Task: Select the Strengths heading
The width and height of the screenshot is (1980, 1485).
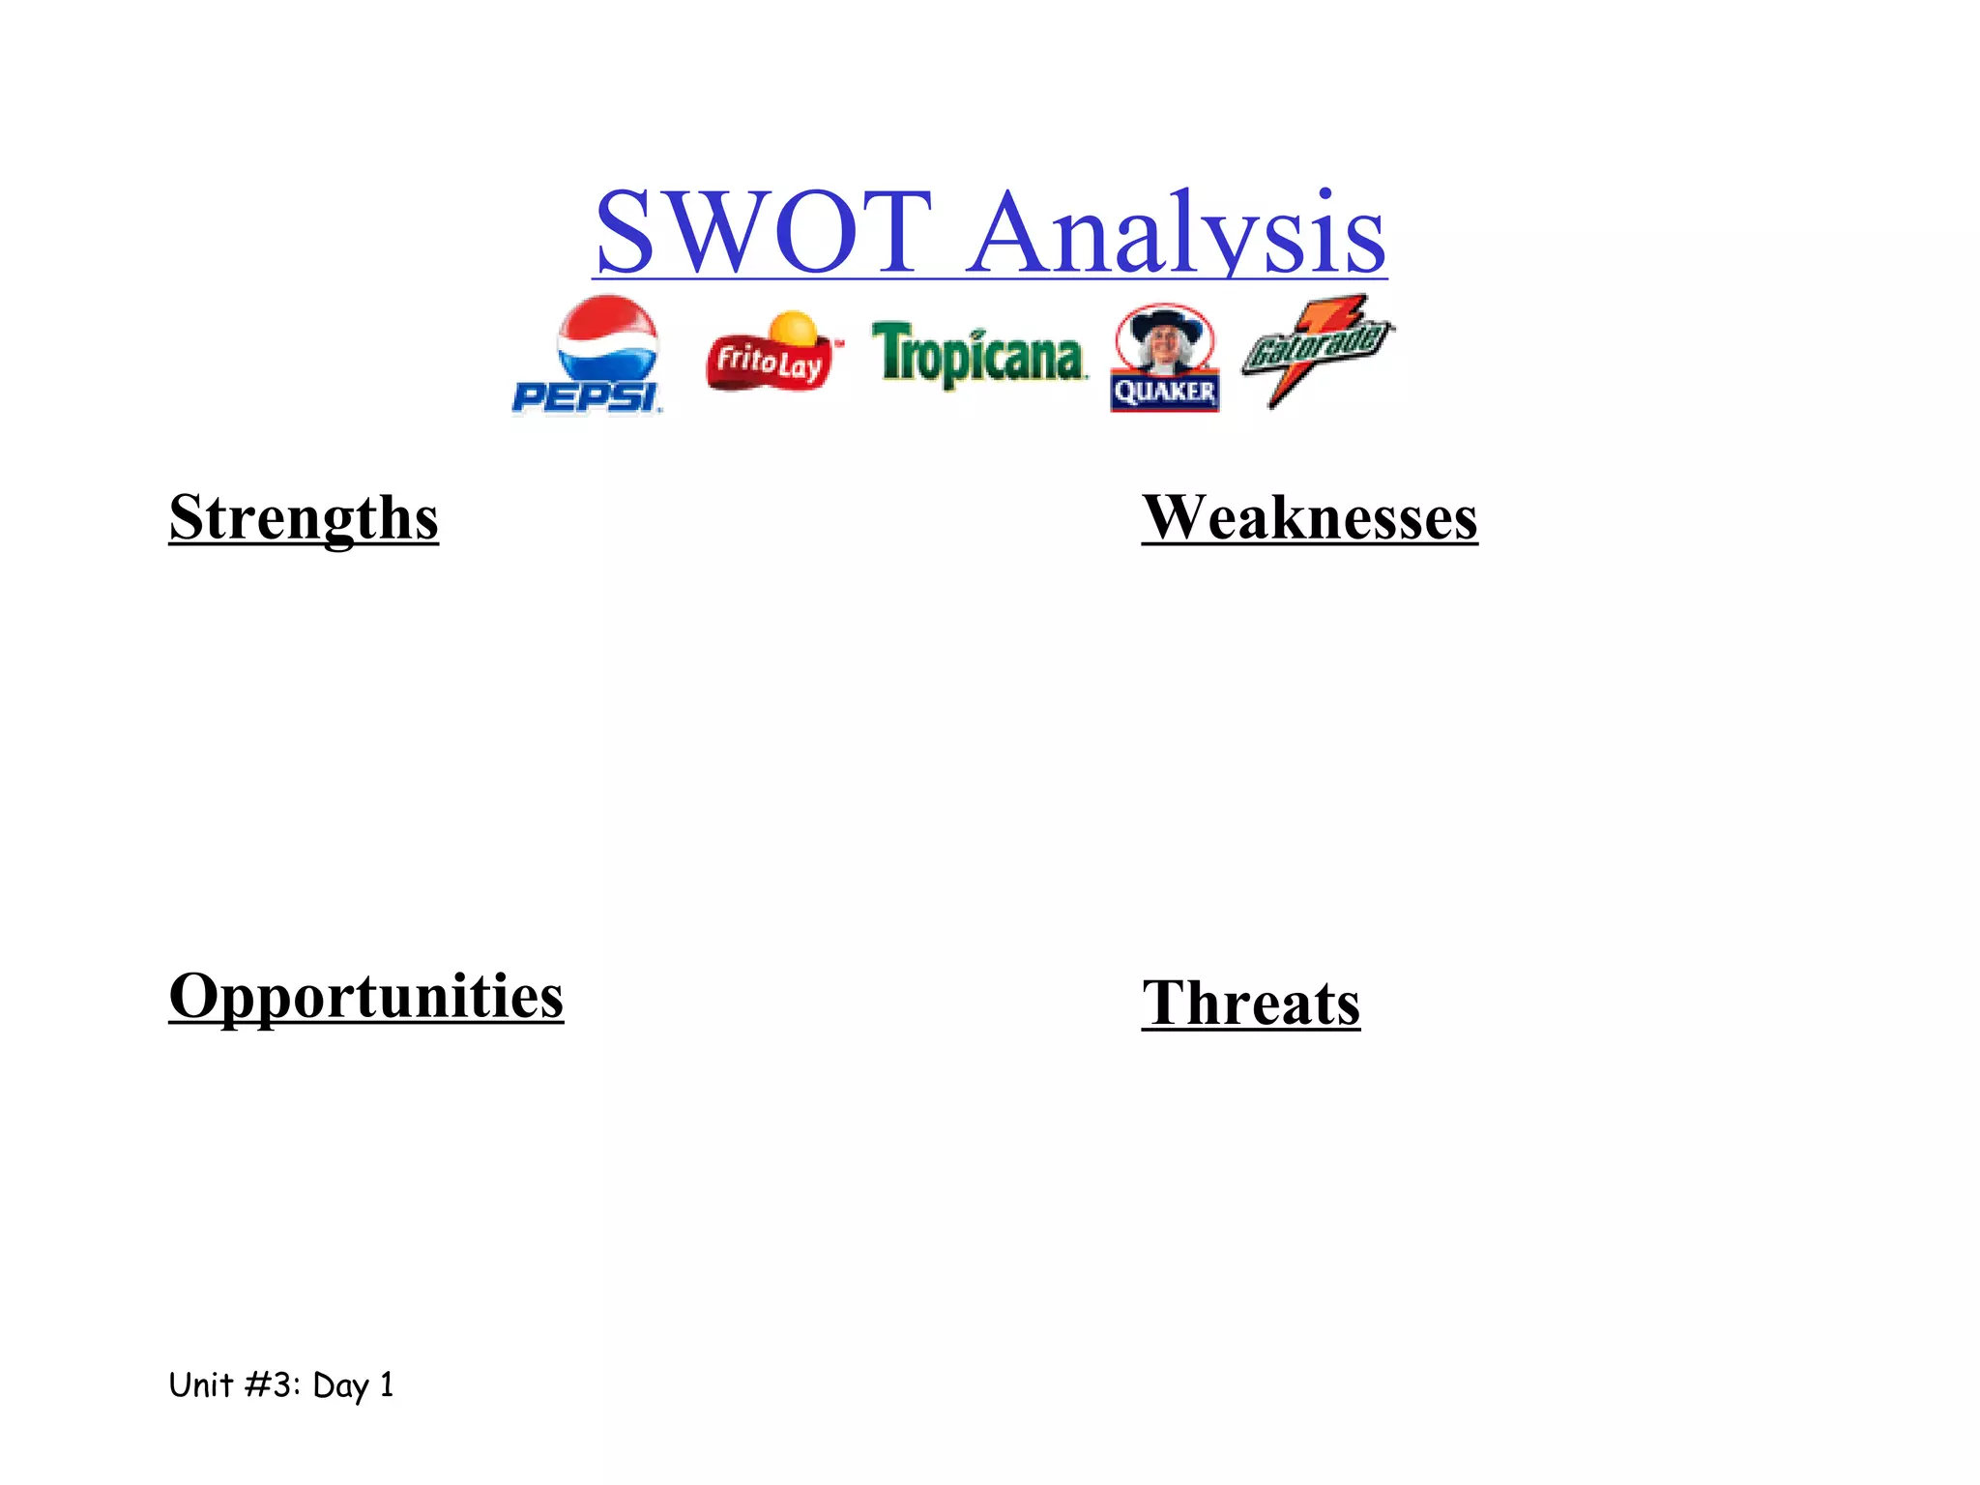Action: click(x=304, y=517)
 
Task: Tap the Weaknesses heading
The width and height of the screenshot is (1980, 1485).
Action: click(x=1309, y=517)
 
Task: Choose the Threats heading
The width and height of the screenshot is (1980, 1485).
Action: click(x=1250, y=1003)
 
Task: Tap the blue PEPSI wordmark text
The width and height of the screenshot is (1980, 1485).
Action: click(x=586, y=397)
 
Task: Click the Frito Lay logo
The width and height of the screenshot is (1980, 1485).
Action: click(x=772, y=356)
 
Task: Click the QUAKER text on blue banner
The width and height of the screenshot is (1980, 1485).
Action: click(x=1164, y=393)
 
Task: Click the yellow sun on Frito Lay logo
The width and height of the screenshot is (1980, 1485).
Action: click(x=795, y=328)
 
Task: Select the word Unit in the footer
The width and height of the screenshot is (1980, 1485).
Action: click(x=200, y=1384)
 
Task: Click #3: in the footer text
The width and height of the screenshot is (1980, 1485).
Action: click(x=273, y=1384)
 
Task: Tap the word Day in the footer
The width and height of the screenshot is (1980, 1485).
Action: click(x=340, y=1386)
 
